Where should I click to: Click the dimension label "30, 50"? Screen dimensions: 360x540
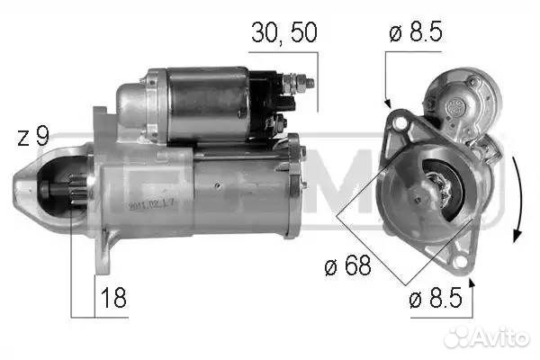[283, 34]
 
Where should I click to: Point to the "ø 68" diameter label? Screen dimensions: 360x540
[345, 267]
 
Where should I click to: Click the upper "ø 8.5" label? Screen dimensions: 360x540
[418, 34]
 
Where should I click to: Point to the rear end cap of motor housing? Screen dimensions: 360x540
[293, 185]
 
